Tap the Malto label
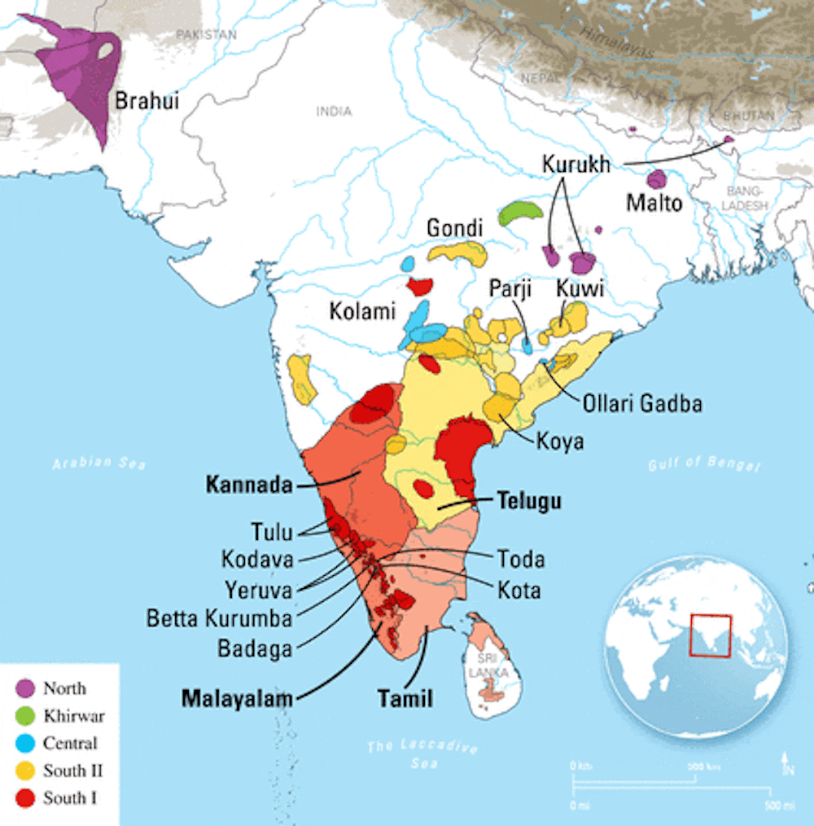[x=654, y=202]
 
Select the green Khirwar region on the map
[x=521, y=213]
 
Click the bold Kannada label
[x=249, y=485]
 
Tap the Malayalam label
[x=237, y=698]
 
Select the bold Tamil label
[x=405, y=698]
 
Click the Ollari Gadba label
[x=641, y=403]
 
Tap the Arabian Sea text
[x=99, y=464]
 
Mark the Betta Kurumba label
[x=219, y=618]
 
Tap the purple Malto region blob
[x=656, y=179]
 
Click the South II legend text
[x=72, y=771]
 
